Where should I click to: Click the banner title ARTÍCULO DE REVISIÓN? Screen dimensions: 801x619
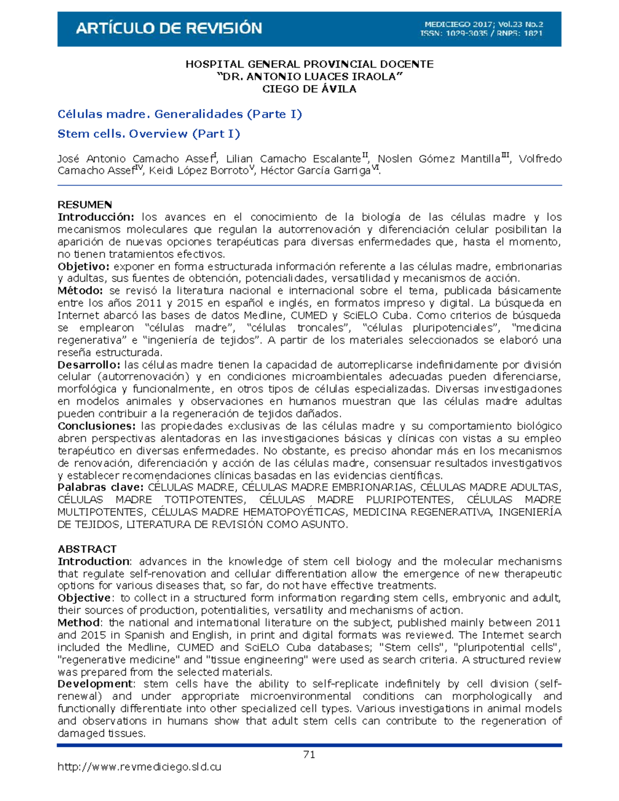[169, 28]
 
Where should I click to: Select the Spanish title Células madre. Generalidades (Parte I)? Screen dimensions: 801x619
[180, 114]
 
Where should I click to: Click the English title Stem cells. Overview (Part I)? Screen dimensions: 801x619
[149, 134]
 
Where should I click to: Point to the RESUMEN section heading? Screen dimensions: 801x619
[85, 205]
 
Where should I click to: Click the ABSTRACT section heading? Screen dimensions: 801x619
[87, 549]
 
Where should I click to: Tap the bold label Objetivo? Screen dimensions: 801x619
[83, 267]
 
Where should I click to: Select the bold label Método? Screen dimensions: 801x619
[80, 291]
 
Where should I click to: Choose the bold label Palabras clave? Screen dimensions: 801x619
[100, 487]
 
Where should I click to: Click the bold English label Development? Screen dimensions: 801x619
[95, 684]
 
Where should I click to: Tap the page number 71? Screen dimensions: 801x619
[309, 755]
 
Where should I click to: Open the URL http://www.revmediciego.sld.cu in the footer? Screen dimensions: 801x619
[139, 767]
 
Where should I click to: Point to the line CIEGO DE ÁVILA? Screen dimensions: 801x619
[309, 89]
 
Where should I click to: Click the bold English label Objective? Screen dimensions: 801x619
[84, 598]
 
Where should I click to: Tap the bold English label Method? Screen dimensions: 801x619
[78, 623]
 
